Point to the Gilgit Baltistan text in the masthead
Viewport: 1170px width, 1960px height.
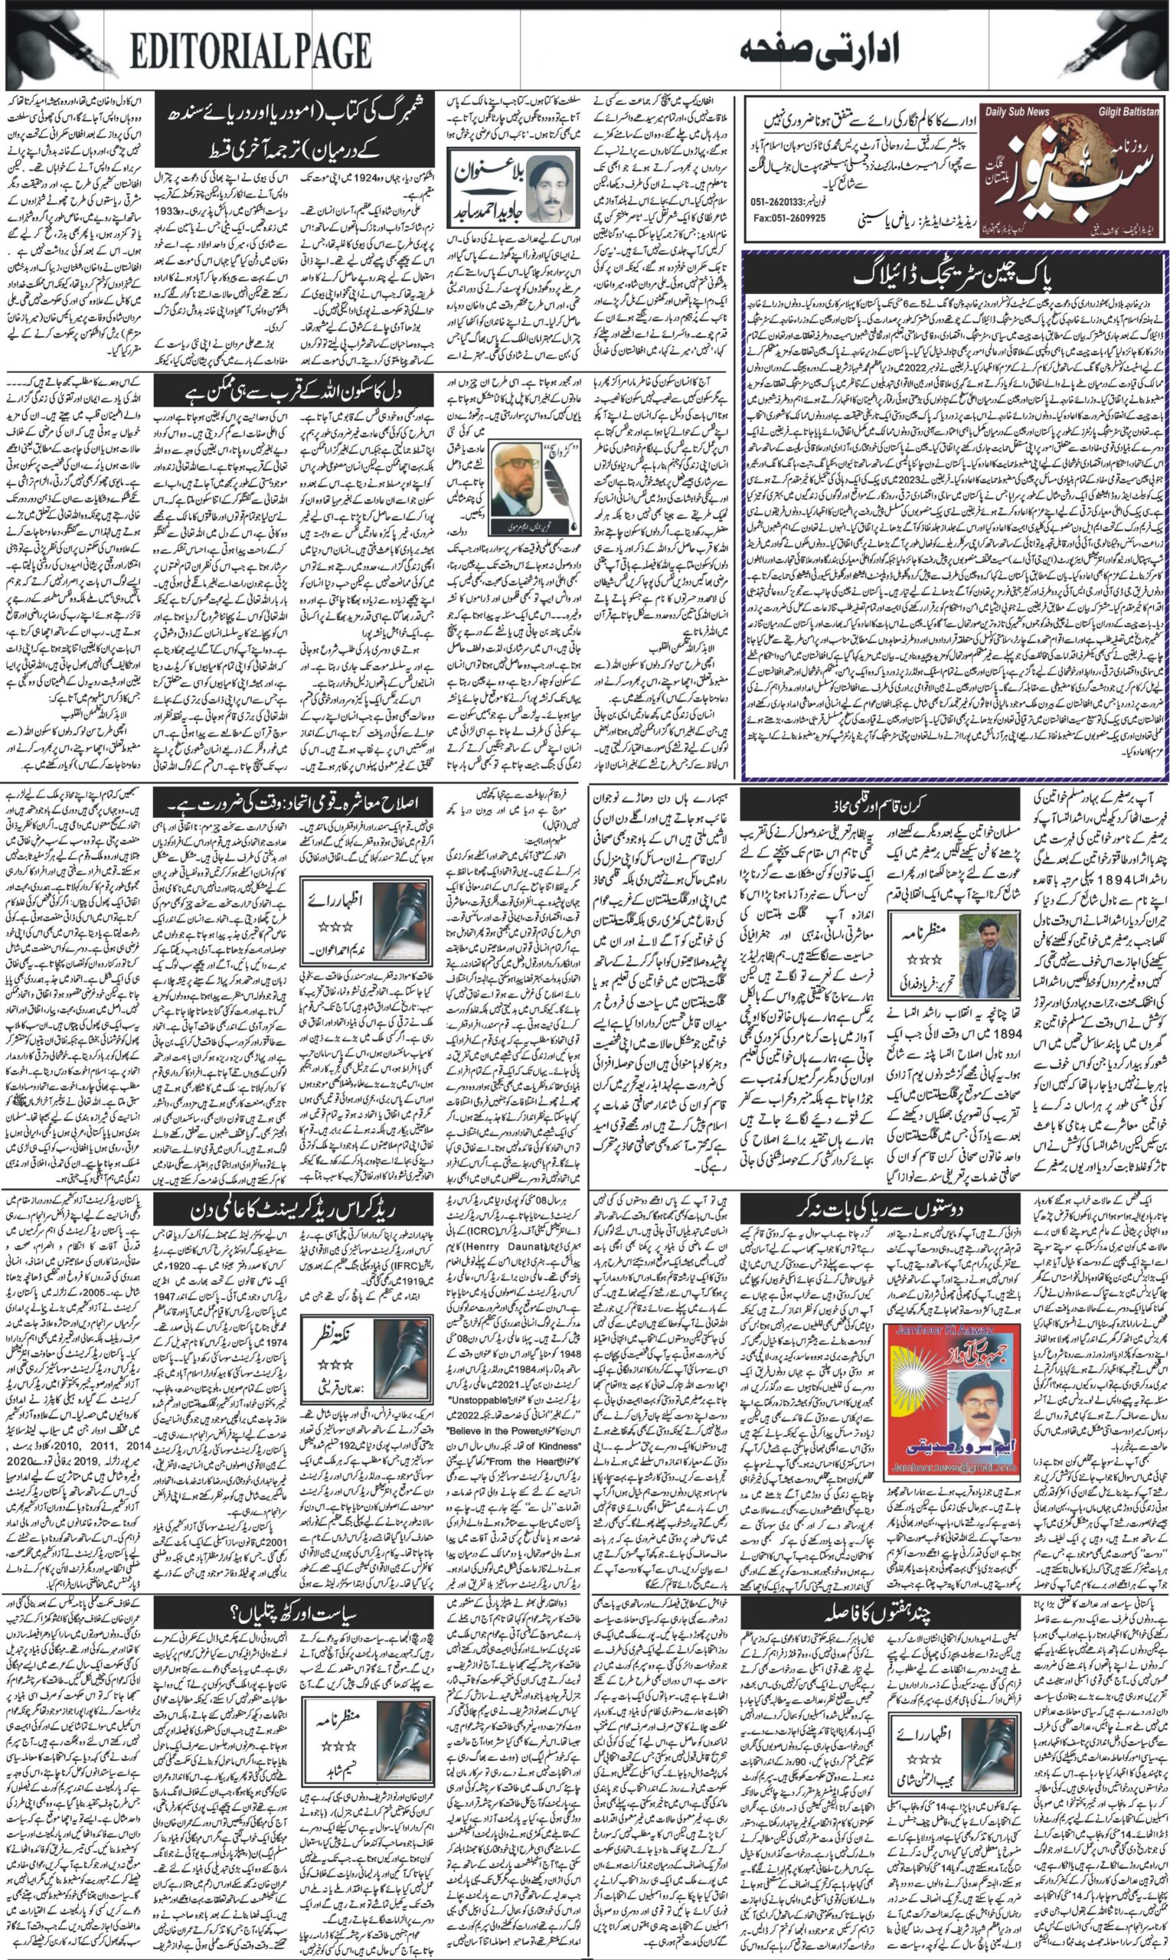tap(1128, 113)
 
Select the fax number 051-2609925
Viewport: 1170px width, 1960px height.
tap(789, 218)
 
